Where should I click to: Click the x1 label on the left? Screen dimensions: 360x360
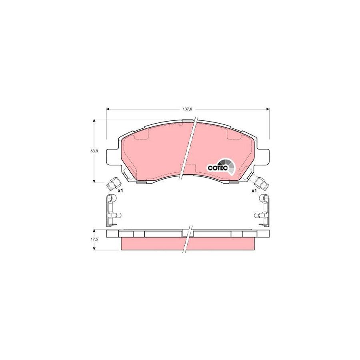tap(120, 191)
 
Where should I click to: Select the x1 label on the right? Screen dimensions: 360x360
tap(254, 191)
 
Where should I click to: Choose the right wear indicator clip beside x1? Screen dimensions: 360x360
tap(262, 184)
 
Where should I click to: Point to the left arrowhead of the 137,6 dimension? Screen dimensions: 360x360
tap(108, 108)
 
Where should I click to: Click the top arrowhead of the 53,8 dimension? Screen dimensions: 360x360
tap(94, 120)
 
